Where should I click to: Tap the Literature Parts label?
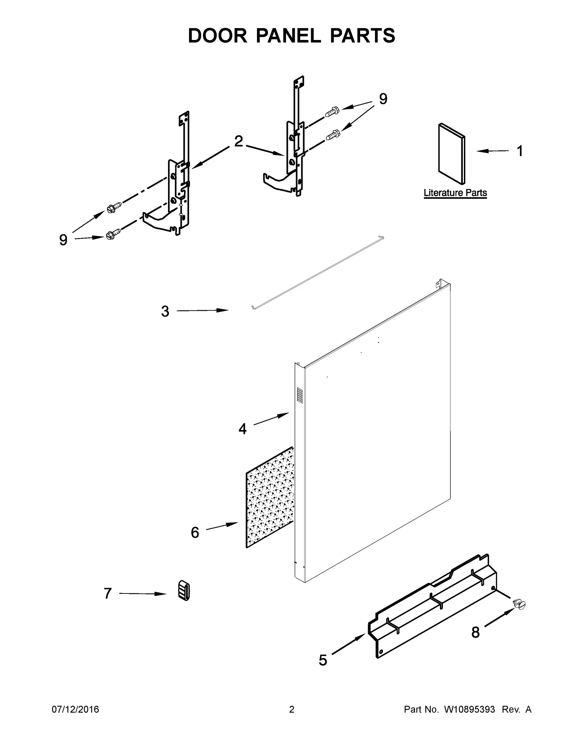click(x=455, y=193)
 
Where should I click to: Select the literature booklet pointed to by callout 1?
click(x=451, y=153)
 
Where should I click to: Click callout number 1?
click(x=520, y=151)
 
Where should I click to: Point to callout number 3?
click(x=165, y=311)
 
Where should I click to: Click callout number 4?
click(x=242, y=429)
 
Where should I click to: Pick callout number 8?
click(x=475, y=632)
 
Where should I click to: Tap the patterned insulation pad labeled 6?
click(x=270, y=499)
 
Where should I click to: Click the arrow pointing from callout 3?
click(x=202, y=311)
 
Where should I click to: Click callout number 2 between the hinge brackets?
click(x=238, y=141)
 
